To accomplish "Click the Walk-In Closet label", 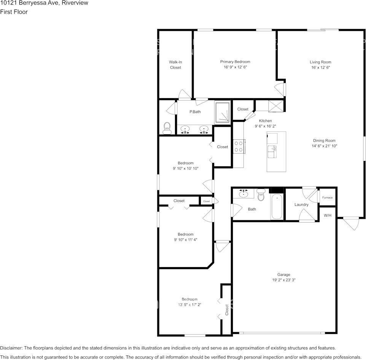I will pos(175,65).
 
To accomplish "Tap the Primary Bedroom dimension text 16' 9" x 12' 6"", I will pos(235,67).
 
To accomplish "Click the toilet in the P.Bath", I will pos(167,128).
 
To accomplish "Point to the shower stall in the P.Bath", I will pos(223,113).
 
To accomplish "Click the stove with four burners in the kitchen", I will pos(239,147).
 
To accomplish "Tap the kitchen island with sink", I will pos(276,151).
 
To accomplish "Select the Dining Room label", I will pos(324,140).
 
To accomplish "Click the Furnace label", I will pos(327,198).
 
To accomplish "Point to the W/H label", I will pos(328,215).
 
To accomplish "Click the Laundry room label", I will pos(301,205).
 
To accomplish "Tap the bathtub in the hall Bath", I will pos(277,207).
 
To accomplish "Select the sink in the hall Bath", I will pos(243,194).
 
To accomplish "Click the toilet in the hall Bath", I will pos(261,195).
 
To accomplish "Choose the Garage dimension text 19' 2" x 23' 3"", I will pos(283,280).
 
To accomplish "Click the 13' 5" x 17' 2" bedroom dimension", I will pos(189,304).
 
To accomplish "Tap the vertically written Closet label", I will pos(227,310).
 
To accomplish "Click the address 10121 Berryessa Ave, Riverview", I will pos(44,3).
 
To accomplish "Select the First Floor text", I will pos(14,12).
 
